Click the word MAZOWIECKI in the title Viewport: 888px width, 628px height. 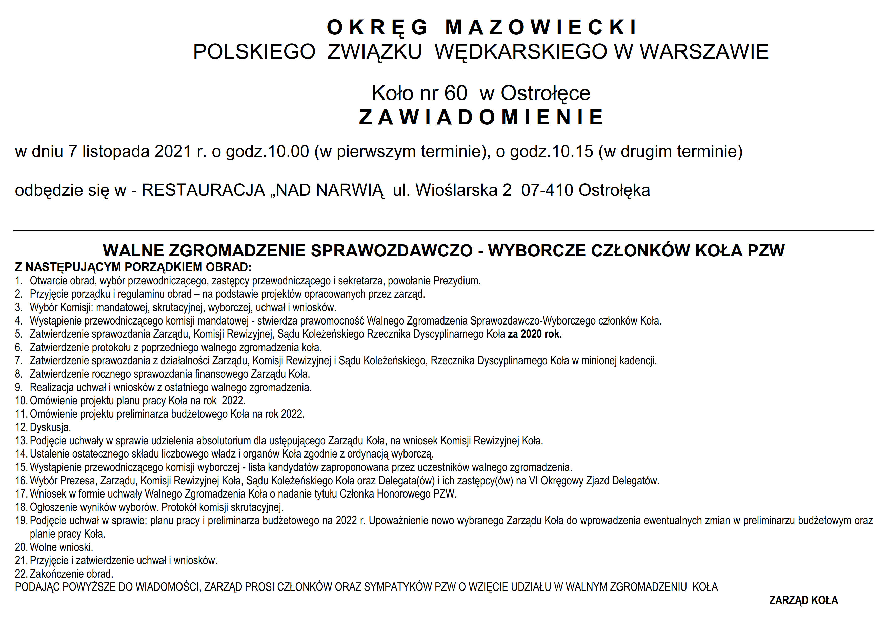541,27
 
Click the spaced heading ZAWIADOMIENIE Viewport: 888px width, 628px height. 481,117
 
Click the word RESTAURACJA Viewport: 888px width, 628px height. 203,190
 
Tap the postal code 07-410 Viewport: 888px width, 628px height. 547,190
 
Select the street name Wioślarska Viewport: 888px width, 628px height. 456,190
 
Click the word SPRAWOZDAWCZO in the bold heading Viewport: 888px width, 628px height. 391,251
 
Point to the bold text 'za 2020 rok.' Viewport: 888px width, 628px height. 535,334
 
